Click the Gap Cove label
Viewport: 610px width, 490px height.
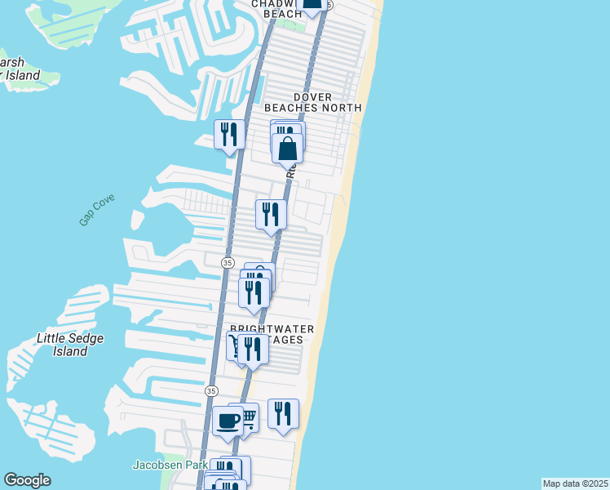pyautogui.click(x=97, y=210)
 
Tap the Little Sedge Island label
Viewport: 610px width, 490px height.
pyautogui.click(x=63, y=345)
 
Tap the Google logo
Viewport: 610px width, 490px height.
pyautogui.click(x=27, y=480)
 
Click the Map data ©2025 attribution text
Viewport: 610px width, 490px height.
pyautogui.click(x=575, y=483)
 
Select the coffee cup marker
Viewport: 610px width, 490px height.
pyautogui.click(x=228, y=421)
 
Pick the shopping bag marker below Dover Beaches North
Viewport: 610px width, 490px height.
pyautogui.click(x=287, y=149)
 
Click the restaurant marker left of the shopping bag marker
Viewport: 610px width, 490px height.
pyautogui.click(x=229, y=134)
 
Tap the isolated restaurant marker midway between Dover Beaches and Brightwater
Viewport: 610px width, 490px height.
pyautogui.click(x=271, y=214)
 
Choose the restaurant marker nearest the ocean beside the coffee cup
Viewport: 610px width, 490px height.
pyautogui.click(x=283, y=412)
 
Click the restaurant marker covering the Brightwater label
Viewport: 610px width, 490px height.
pyautogui.click(x=254, y=348)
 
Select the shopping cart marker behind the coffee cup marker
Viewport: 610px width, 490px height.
pyautogui.click(x=246, y=417)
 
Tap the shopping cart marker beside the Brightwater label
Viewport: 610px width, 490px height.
pyautogui.click(x=235, y=346)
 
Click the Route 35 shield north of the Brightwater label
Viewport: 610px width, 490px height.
pyautogui.click(x=228, y=262)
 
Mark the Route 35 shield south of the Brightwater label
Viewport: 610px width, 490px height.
pyautogui.click(x=211, y=391)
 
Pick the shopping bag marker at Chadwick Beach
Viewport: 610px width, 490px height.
pyautogui.click(x=311, y=4)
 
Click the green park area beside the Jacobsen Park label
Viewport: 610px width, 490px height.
pyautogui.click(x=166, y=481)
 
